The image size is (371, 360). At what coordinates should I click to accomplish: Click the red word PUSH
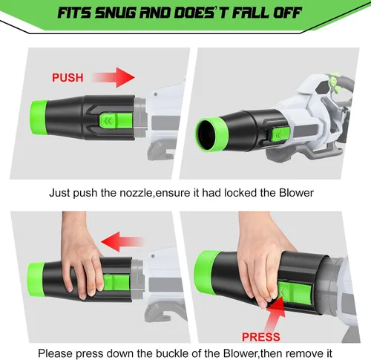[68, 78]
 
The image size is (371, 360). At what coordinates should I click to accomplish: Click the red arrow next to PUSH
[114, 77]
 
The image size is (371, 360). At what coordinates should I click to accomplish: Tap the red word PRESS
[261, 337]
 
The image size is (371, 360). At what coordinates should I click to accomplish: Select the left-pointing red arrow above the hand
[123, 242]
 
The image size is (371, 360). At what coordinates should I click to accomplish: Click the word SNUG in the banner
[115, 13]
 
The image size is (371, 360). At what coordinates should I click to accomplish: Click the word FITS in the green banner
[74, 13]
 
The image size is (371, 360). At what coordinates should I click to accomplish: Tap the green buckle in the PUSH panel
[116, 121]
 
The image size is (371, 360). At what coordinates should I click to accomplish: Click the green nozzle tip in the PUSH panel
[39, 117]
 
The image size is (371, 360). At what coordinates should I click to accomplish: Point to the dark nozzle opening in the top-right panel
[206, 135]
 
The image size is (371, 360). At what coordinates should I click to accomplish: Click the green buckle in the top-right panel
[280, 134]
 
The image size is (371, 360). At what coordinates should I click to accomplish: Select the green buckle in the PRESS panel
[295, 292]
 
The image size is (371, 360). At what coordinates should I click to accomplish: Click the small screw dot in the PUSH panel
[156, 94]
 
